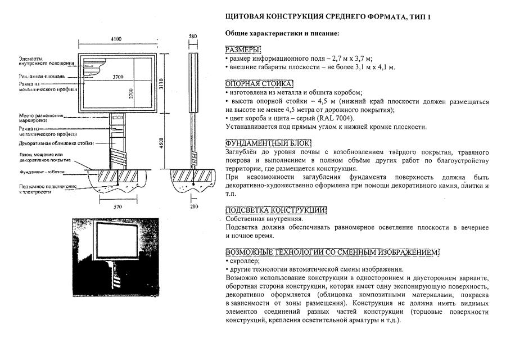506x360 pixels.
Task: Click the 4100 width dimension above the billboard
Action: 116,39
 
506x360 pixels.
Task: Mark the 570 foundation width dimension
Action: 118,207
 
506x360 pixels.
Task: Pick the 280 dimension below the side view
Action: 193,207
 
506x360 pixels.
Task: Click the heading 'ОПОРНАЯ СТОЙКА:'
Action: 259,84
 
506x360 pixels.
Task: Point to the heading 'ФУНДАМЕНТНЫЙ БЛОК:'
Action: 268,143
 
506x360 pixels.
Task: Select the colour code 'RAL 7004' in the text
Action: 344,118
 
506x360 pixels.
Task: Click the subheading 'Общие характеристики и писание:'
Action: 282,34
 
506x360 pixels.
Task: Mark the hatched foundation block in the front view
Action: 118,176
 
